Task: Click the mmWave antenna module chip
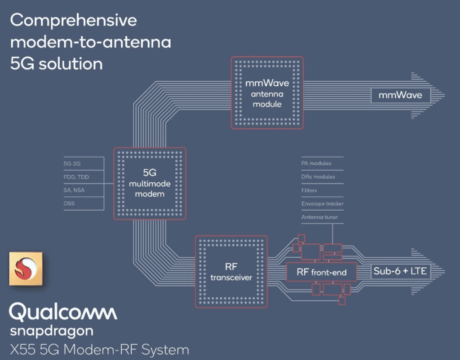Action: [x=267, y=93]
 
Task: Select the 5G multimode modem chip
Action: [x=149, y=183]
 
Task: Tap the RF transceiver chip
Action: [x=231, y=271]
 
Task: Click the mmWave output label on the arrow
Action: [x=400, y=95]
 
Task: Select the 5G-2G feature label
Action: [x=72, y=164]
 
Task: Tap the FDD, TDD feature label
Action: [x=76, y=177]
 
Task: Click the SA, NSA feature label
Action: [x=74, y=190]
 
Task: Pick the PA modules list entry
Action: [x=316, y=163]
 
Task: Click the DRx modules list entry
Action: [x=318, y=177]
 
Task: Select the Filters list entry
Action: [x=309, y=190]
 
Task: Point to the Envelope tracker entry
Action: [x=322, y=204]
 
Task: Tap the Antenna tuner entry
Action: [x=319, y=217]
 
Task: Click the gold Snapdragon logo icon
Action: [x=26, y=268]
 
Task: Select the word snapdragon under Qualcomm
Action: [x=52, y=332]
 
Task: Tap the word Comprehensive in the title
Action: [x=73, y=21]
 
